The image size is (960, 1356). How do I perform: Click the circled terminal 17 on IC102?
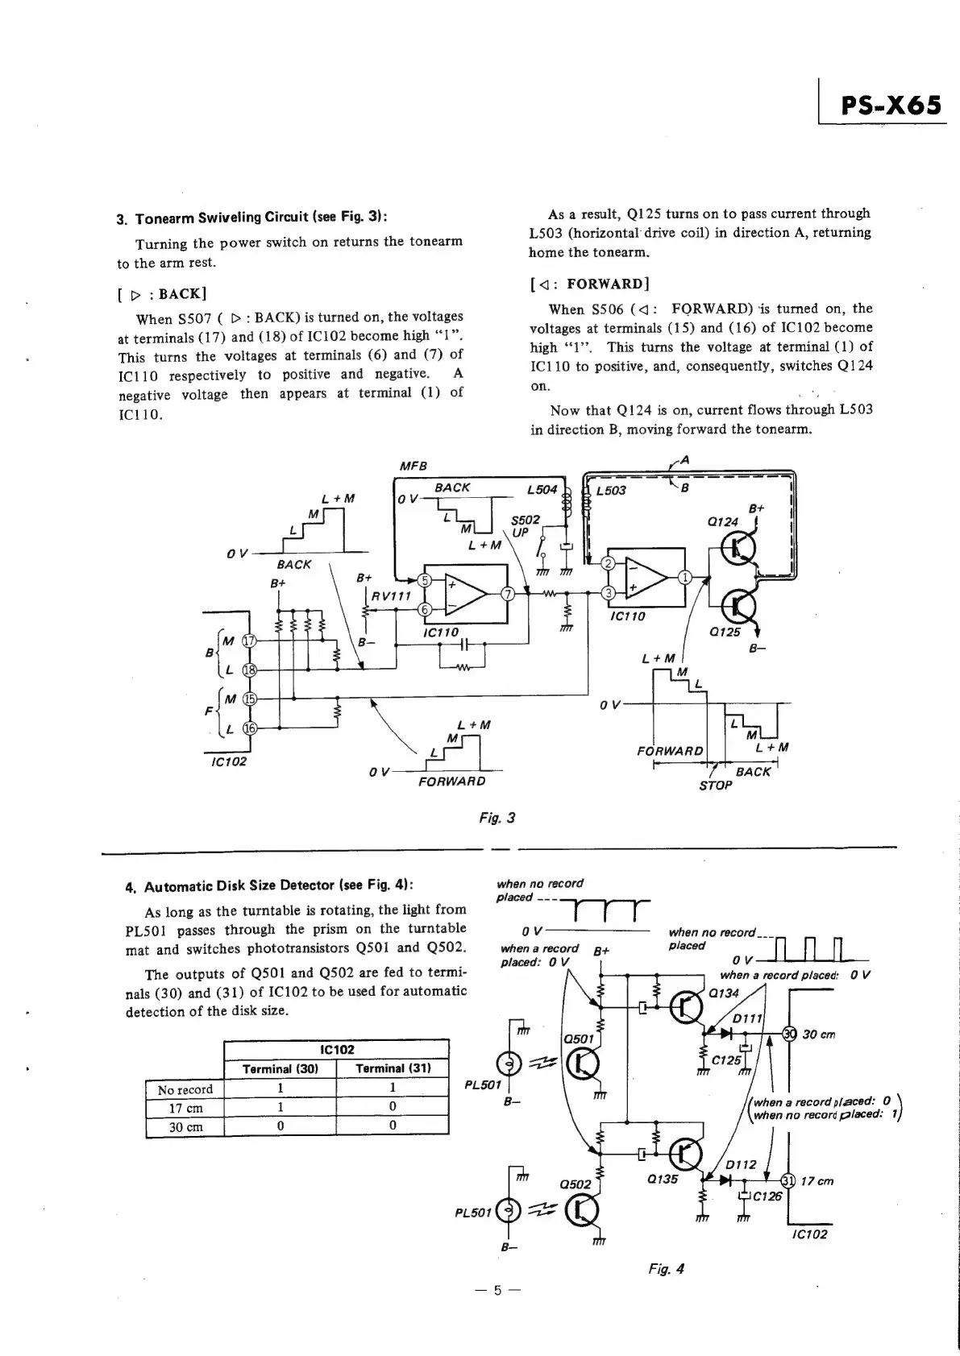(x=250, y=641)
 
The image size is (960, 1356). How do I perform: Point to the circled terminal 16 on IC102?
(x=250, y=728)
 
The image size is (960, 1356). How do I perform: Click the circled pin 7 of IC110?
(x=508, y=595)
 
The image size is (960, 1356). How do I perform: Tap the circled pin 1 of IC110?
(x=685, y=576)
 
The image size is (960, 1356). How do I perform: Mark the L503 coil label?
(x=611, y=491)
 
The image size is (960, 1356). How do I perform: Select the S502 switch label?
(x=526, y=520)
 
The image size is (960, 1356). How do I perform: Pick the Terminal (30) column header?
(x=280, y=1068)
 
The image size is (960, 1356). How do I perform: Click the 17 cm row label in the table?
(x=185, y=1108)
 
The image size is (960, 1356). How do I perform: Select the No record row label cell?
(x=185, y=1089)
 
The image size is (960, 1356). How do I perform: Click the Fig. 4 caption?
(x=666, y=1269)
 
